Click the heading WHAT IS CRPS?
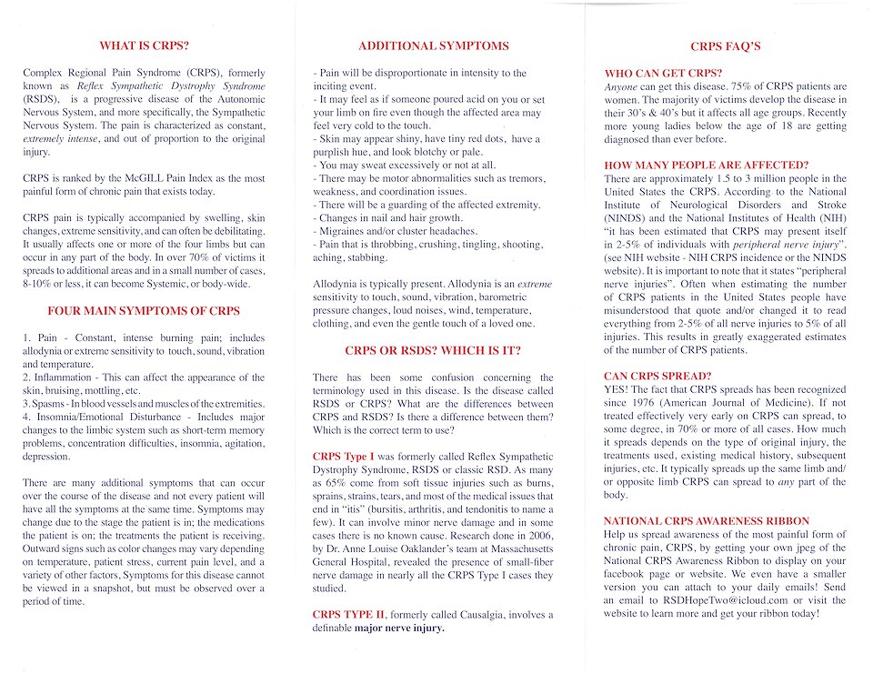[x=145, y=45]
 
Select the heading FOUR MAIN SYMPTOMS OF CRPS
[x=144, y=311]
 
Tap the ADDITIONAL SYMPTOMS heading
[x=434, y=45]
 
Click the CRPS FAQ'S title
[x=725, y=46]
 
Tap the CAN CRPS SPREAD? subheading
[x=657, y=376]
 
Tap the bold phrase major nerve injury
[x=401, y=629]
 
